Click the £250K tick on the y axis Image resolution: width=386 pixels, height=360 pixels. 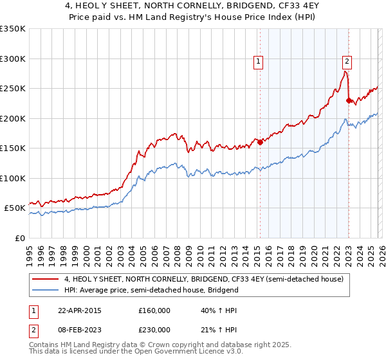point(13,89)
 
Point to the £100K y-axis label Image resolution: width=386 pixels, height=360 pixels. point(13,178)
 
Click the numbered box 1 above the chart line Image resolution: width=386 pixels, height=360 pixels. point(258,62)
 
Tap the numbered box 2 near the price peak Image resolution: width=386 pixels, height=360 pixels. point(347,62)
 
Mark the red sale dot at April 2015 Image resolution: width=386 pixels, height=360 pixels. point(261,143)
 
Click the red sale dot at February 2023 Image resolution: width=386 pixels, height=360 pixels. point(349,100)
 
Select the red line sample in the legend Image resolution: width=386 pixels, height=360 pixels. point(45,280)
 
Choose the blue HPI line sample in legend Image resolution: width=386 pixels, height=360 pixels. point(45,290)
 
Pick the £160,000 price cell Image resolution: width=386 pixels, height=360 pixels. point(154,310)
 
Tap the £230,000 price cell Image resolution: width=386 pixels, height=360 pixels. point(154,329)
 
